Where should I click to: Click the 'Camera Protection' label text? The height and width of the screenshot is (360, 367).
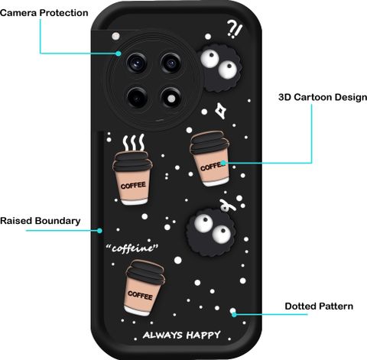[44, 13]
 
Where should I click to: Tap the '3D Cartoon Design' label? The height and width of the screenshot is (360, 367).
[323, 97]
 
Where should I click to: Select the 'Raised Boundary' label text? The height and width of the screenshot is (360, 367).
[41, 221]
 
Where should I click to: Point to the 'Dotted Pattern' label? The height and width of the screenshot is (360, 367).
[319, 306]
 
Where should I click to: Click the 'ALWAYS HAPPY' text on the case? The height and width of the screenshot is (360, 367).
[182, 335]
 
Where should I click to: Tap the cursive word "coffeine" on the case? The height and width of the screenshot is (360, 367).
[132, 248]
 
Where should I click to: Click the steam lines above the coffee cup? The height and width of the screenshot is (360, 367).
[134, 142]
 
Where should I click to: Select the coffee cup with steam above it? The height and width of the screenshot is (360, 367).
[132, 178]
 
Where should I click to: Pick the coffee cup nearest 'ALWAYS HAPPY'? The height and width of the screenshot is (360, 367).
[145, 287]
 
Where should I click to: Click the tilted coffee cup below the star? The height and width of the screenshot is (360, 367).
[210, 158]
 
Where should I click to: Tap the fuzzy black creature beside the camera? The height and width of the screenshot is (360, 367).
[221, 68]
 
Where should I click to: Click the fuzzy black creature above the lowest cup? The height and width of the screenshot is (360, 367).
[211, 232]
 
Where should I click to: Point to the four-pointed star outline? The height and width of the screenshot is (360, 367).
[221, 111]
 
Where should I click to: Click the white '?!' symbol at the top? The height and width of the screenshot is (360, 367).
[235, 29]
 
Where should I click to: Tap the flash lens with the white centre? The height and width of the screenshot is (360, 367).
[171, 99]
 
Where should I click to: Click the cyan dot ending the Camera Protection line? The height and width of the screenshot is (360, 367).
[119, 54]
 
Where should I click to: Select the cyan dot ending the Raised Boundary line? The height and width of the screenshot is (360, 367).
[99, 231]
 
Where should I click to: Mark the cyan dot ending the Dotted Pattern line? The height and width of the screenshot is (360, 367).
[234, 314]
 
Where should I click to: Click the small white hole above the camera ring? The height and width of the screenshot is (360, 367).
[116, 36]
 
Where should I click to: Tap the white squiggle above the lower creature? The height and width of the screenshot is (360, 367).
[227, 206]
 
